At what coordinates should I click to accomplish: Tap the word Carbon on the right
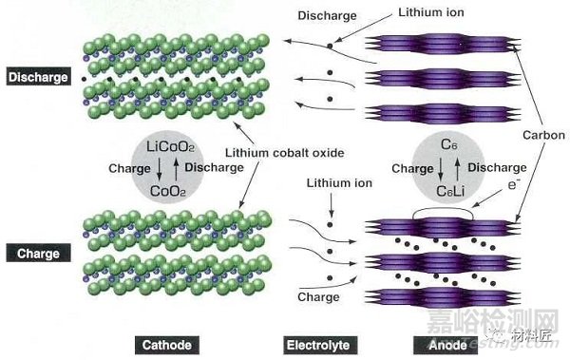pos(543,136)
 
